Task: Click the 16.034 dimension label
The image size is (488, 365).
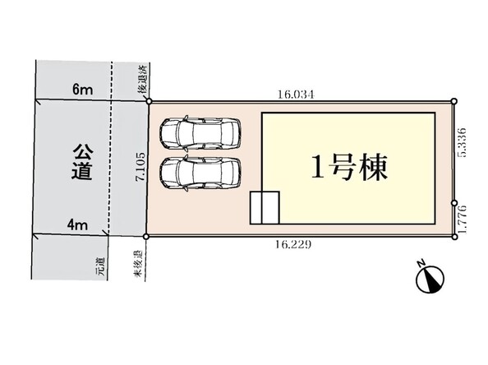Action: pos(296,95)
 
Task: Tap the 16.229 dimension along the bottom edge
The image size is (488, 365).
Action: pos(292,245)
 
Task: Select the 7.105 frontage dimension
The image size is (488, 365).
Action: pos(141,167)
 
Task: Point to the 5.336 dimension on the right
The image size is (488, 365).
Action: pos(463,143)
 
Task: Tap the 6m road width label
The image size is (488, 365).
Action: pos(82,90)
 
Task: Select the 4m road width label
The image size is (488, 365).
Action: pos(77,225)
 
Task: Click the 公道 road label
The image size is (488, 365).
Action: pos(82,162)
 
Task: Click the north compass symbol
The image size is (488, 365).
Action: pos(430,280)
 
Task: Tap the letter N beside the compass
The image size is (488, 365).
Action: pos(421,263)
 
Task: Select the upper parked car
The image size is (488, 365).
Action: pos(200,132)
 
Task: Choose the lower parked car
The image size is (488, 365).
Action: pos(200,173)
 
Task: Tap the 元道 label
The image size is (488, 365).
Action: pos(101,266)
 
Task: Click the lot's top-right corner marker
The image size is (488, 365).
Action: pos(454,101)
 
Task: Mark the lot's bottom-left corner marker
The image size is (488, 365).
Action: pos(146,237)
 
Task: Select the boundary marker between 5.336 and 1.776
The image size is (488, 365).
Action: pos(454,203)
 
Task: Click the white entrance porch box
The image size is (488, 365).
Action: pos(265,208)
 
